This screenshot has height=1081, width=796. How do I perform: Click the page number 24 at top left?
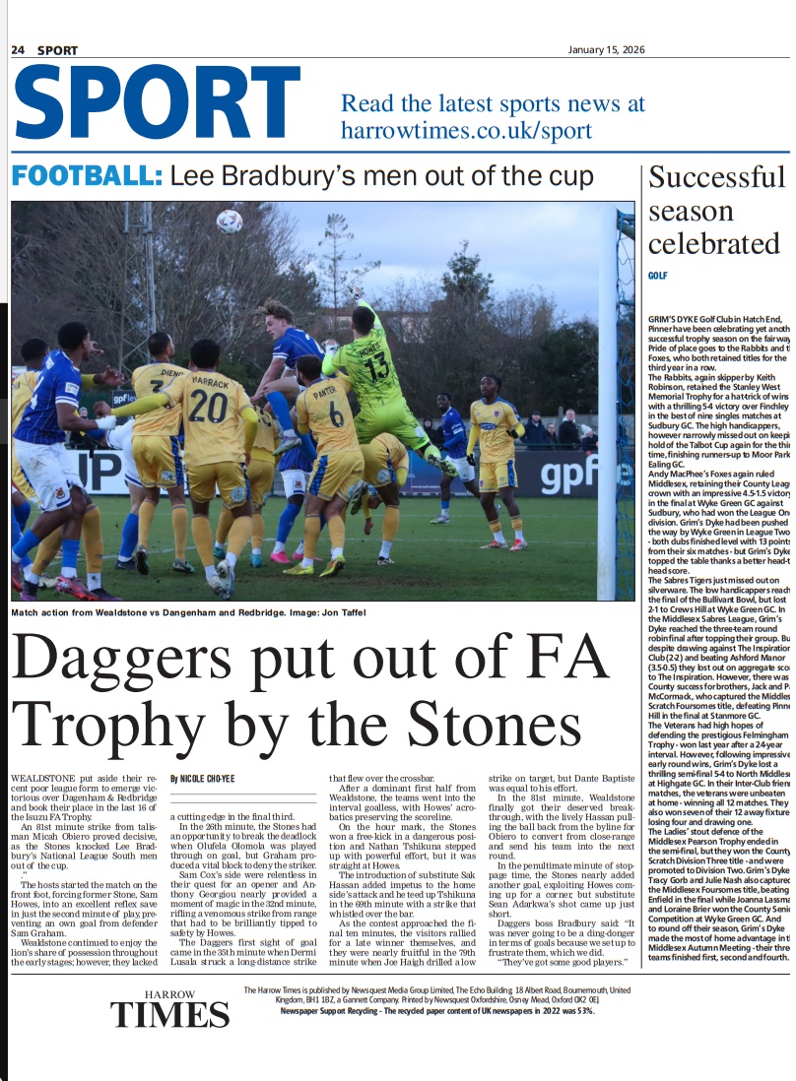click(18, 50)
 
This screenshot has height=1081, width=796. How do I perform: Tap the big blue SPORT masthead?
click(143, 103)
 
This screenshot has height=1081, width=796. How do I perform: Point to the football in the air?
click(230, 220)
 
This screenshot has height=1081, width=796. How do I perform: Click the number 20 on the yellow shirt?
click(209, 406)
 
